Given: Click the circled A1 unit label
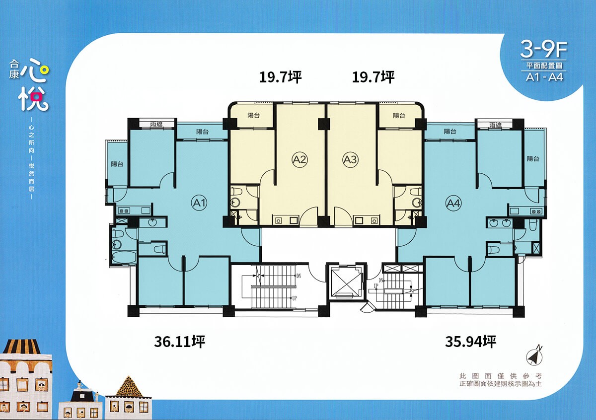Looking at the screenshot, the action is click(199, 203).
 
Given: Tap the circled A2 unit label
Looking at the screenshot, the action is click(299, 159).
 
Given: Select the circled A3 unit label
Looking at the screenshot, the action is click(350, 159).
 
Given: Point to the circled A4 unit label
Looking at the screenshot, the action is click(453, 204).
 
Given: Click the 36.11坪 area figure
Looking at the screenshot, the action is click(180, 342).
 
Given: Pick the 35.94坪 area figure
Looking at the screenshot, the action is click(470, 342).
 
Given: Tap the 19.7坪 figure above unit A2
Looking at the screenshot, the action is click(281, 77).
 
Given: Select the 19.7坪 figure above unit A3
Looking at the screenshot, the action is click(373, 77).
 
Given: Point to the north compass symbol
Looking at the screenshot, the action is click(534, 356).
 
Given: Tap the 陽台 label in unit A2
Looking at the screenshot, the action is click(254, 116).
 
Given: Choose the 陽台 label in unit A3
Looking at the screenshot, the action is click(399, 116).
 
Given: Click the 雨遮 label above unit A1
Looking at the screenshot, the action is click(156, 124).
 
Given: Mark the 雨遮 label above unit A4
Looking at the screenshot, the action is click(495, 125).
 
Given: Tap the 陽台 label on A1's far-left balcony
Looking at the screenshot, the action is click(117, 164).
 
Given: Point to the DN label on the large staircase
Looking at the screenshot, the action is click(298, 276).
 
